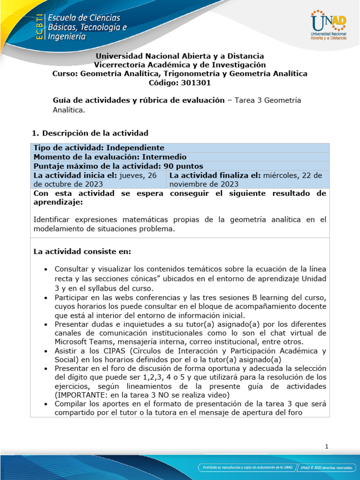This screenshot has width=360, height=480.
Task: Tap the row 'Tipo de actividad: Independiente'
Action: click(x=99, y=148)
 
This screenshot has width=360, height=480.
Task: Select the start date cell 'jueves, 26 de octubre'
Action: click(x=98, y=180)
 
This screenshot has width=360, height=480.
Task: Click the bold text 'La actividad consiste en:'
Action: click(x=82, y=252)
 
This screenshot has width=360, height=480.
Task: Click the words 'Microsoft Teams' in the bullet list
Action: click(x=81, y=341)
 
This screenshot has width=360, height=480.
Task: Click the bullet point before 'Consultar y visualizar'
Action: click(x=45, y=270)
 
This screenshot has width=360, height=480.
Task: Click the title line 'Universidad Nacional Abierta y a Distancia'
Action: click(x=180, y=56)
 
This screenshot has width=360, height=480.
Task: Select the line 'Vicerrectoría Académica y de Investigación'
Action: click(x=180, y=65)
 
